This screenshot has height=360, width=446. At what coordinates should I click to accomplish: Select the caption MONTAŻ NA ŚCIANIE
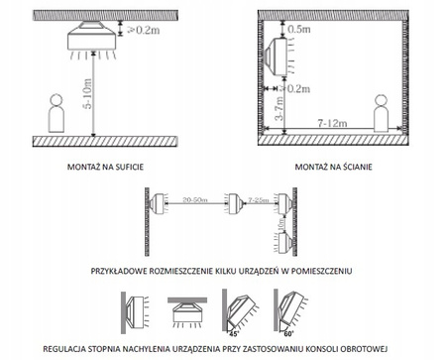334,169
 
